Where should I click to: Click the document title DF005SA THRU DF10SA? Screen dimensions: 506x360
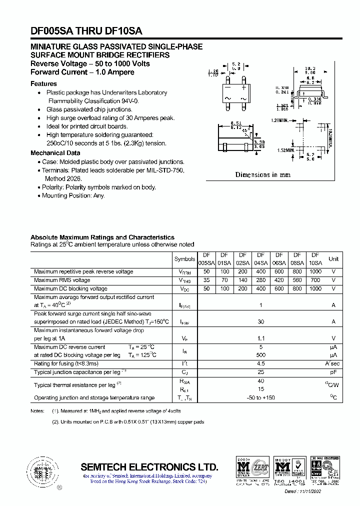[x=86, y=30]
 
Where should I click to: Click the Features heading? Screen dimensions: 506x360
[x=43, y=84]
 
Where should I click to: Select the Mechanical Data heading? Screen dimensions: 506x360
[x=55, y=153]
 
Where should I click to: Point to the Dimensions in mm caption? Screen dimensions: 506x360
[x=262, y=174]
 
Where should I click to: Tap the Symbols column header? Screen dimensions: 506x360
[x=184, y=259]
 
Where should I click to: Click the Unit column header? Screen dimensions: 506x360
[x=333, y=259]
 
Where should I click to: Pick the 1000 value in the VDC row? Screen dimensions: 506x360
[x=315, y=288]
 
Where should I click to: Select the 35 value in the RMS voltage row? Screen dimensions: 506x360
[x=206, y=280]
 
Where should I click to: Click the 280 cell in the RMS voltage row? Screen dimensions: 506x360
[x=261, y=280]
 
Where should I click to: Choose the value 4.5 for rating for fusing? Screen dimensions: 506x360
[x=260, y=363]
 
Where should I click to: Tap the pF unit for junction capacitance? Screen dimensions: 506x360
[x=333, y=372]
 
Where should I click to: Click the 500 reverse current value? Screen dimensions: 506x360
[x=260, y=355]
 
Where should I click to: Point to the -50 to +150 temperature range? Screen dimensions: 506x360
[x=260, y=397]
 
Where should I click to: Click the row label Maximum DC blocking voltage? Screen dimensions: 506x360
[x=70, y=288]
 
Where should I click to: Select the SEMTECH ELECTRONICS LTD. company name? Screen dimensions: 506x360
[x=149, y=467]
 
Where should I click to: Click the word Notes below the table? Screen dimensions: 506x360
[x=38, y=410]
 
